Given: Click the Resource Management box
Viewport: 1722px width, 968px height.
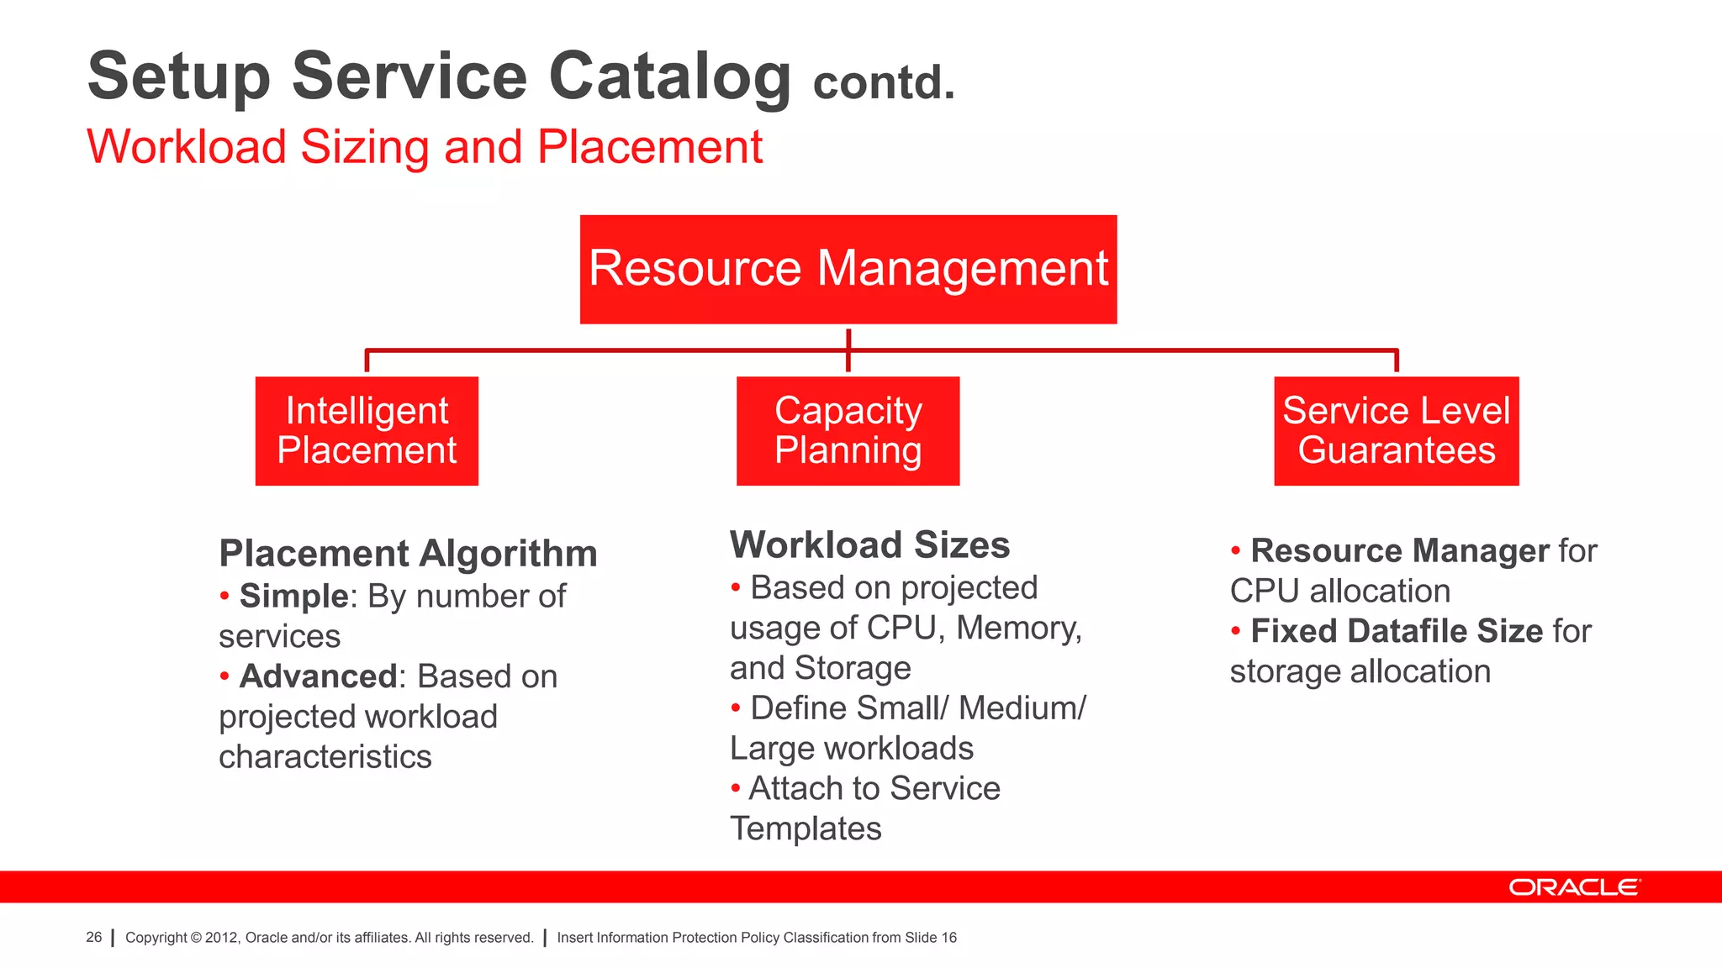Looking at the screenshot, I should [848, 269].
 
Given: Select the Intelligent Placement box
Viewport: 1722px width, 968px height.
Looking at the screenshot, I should [367, 430].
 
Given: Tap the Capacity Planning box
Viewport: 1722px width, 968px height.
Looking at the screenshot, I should [848, 430].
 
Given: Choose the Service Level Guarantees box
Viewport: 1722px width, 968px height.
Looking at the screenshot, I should [1396, 430].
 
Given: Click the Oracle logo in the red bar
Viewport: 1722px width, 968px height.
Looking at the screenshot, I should [1573, 887].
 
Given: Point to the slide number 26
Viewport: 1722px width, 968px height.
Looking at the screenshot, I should [93, 937].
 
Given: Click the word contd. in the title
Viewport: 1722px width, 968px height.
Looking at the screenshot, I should [884, 83].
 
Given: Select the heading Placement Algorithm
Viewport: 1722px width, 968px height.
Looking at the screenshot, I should [408, 554].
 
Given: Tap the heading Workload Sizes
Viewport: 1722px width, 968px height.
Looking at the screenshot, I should [869, 545].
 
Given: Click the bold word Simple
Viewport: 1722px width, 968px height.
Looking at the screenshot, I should [293, 596].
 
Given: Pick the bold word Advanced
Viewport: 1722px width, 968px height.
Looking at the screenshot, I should [318, 676].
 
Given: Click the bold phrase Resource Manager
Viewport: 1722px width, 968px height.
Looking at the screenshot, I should [1399, 551].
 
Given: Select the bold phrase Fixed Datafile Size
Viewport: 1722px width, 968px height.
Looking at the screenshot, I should [1397, 631].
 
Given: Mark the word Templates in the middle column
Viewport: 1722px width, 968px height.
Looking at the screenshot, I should [806, 829].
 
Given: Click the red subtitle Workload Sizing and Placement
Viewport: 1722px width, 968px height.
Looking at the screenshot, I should [425, 147].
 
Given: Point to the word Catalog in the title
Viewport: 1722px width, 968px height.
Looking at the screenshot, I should [669, 76].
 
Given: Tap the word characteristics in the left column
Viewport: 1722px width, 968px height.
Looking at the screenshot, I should [325, 756].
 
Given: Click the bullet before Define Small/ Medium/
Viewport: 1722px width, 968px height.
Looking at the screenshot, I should [736, 708].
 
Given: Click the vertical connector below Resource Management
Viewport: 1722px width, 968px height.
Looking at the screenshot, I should [848, 350].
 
